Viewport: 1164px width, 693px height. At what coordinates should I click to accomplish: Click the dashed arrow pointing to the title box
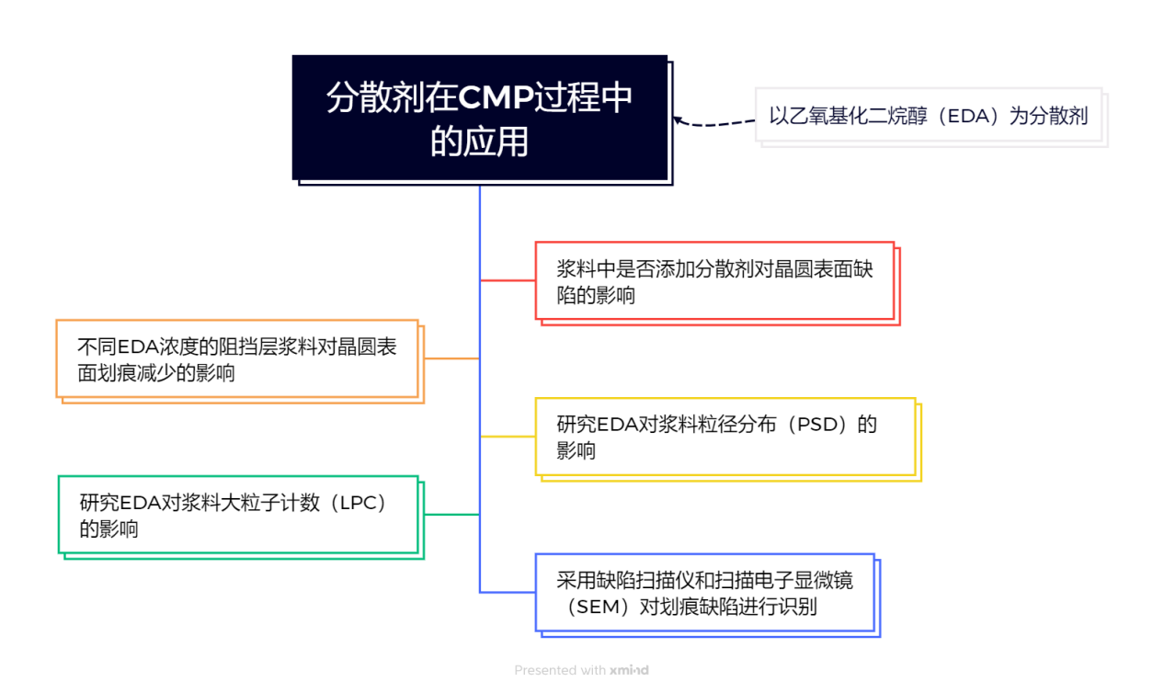coord(717,122)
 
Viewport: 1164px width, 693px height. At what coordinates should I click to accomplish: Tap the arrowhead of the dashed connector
coord(678,119)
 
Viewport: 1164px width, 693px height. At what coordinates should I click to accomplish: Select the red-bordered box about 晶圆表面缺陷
coord(714,280)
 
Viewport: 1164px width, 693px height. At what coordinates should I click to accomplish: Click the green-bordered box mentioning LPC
coord(238,514)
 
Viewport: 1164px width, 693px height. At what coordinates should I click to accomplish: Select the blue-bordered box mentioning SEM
coord(704,592)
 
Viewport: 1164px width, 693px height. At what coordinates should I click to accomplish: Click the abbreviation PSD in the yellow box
coord(816,425)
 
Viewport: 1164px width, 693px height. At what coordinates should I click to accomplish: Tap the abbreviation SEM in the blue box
coord(598,607)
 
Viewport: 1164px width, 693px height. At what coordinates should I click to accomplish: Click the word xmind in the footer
coord(629,670)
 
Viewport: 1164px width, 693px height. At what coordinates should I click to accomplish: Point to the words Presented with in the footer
coord(560,670)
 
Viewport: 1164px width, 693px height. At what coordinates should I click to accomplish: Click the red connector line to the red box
coord(508,280)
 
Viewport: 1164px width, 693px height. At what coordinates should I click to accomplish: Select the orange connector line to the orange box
coord(451,358)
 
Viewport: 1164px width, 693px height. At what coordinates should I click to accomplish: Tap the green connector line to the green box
coord(451,514)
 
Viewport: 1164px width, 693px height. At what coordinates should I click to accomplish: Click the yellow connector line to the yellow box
coord(508,436)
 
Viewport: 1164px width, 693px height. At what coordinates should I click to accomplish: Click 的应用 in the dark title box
coord(480,142)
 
